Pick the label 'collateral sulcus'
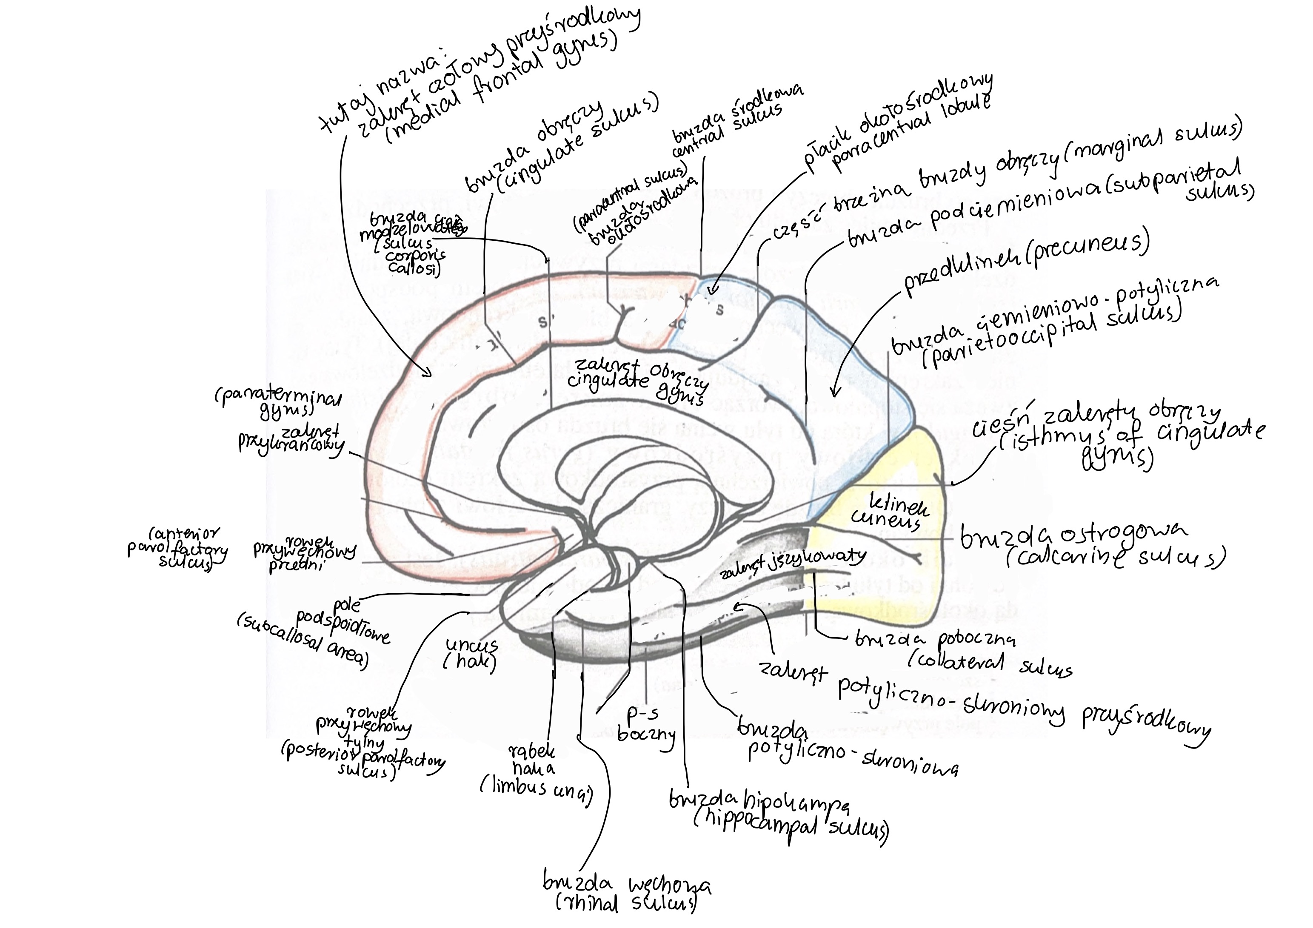tap(989, 663)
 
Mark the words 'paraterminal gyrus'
tap(277, 403)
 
